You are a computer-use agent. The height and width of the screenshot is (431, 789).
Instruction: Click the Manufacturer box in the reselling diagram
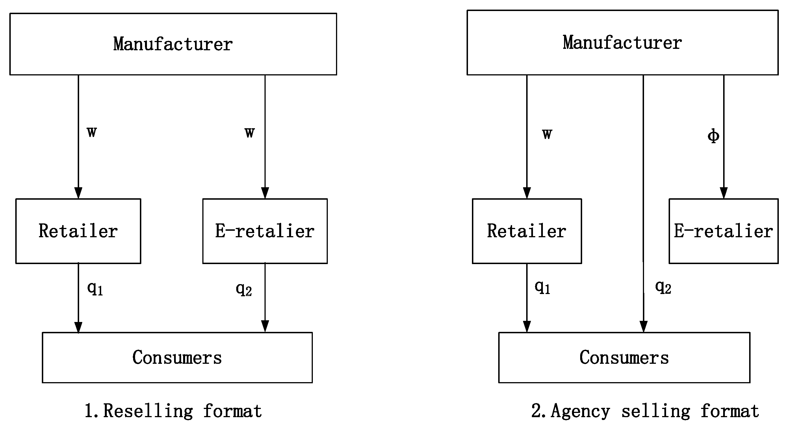[x=173, y=44]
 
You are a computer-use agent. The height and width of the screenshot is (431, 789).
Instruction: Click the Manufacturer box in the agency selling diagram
[x=622, y=43]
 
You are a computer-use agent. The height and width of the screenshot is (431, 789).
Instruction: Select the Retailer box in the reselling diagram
[x=78, y=231]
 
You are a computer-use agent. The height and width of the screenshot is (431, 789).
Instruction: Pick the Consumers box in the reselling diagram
[x=177, y=357]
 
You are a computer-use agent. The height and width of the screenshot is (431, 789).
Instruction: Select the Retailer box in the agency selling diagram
[x=526, y=231]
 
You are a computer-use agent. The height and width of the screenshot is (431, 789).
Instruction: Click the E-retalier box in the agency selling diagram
[x=723, y=231]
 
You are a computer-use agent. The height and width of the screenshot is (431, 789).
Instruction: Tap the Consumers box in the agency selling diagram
[x=624, y=357]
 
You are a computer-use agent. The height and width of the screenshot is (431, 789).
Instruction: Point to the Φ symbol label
[x=713, y=136]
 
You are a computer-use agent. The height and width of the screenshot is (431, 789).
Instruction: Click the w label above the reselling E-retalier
[x=250, y=132]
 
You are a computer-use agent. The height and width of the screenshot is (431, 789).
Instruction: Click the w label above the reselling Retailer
[x=92, y=132]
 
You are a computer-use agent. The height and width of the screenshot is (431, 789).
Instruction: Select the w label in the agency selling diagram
[x=547, y=134]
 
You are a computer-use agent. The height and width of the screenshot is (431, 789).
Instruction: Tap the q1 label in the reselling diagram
[x=95, y=288]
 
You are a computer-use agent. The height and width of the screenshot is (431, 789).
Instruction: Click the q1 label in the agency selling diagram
[x=542, y=287]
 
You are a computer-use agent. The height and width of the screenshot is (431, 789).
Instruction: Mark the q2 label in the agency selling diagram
[x=663, y=287]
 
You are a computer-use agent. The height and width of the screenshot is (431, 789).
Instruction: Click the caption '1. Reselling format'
[x=173, y=411]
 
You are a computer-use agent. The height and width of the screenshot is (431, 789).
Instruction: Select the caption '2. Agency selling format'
[x=645, y=411]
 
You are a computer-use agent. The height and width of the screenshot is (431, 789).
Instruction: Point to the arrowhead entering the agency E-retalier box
[x=723, y=193]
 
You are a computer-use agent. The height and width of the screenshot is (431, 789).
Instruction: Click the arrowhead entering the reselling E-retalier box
[x=265, y=193]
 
